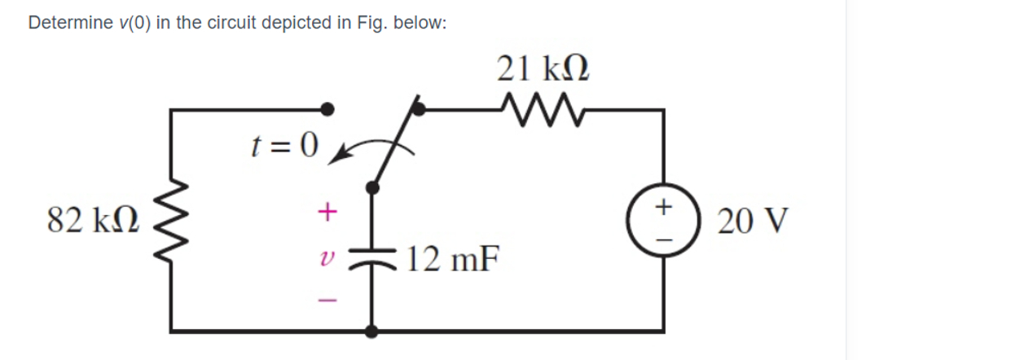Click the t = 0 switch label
click(x=281, y=147)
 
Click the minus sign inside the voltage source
click(x=664, y=237)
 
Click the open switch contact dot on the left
click(x=327, y=108)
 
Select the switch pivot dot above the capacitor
click(x=373, y=187)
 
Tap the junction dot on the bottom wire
click(x=373, y=331)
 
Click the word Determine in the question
click(x=68, y=23)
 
